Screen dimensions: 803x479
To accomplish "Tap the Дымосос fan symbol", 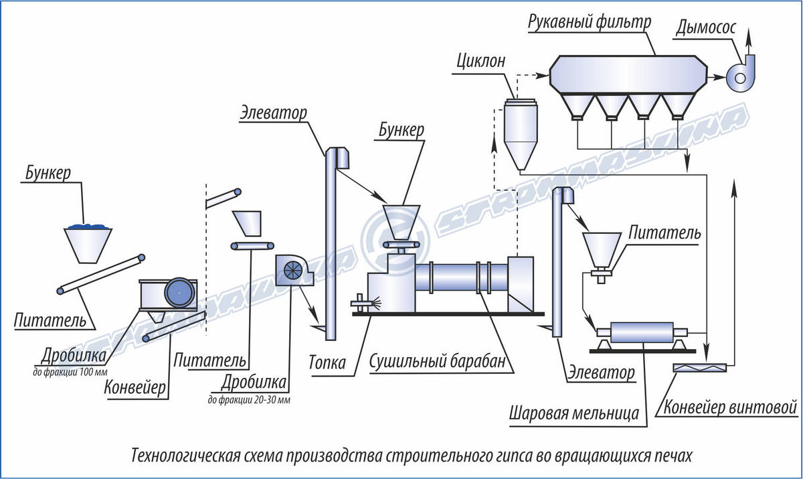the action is [741, 74].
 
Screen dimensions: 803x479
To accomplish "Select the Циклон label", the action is [480, 62].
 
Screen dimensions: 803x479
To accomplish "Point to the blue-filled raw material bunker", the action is [88, 244].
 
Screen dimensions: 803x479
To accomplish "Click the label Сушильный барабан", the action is [438, 361].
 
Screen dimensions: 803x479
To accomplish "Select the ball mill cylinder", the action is [642, 332].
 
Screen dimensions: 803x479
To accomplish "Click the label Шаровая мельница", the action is [574, 413].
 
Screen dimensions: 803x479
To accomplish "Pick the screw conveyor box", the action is [700, 368].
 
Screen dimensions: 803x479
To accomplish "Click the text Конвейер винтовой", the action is [730, 407].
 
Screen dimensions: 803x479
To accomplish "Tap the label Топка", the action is [327, 362].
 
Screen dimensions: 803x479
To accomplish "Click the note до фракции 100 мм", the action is [70, 372].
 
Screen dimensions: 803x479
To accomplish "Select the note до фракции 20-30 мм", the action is [249, 400].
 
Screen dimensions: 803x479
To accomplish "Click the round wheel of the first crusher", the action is [179, 292].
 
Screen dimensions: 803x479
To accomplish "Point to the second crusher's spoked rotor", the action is [293, 270].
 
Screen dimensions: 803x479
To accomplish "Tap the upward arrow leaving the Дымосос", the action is [748, 43].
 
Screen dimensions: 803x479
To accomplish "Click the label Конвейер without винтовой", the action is [135, 388].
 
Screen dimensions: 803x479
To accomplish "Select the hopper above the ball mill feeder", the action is [602, 250].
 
